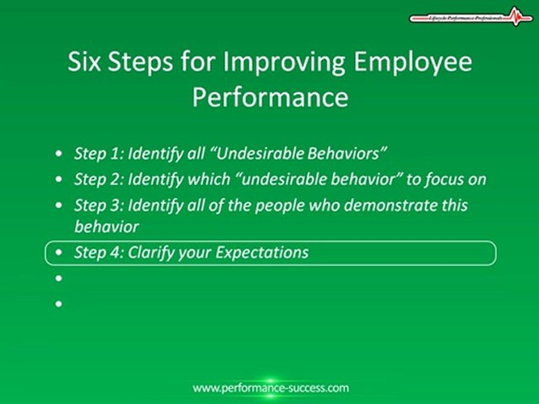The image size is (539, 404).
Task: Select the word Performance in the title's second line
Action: point(270,97)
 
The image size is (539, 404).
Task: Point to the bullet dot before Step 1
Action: point(60,154)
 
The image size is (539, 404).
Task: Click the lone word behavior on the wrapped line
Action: point(106,227)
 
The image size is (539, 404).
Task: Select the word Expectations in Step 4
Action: point(262,252)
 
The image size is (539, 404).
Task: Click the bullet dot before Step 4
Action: point(60,253)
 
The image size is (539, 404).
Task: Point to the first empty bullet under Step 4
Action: point(59,278)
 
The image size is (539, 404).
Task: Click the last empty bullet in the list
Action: point(59,304)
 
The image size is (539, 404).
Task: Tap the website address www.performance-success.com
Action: point(271,388)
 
